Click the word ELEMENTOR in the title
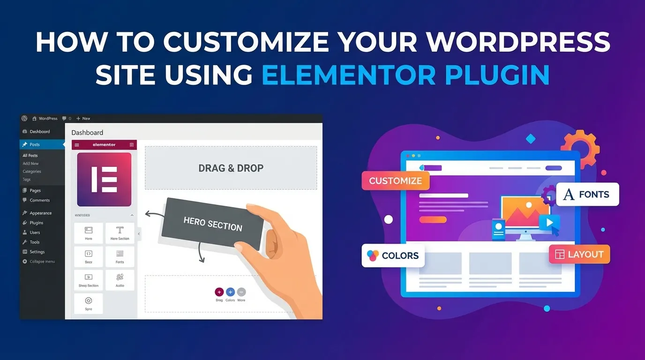[x=349, y=75]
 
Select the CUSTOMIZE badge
[x=395, y=181]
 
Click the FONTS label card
[x=587, y=195]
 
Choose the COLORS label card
[x=393, y=255]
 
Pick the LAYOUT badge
[x=579, y=255]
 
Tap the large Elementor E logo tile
[x=104, y=180]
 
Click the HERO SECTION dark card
[x=212, y=224]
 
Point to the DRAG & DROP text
[x=231, y=168]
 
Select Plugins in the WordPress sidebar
[x=36, y=223]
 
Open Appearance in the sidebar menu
[x=40, y=213]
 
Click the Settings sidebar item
[x=37, y=252]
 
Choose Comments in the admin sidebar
[x=39, y=200]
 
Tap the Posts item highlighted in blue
[x=34, y=144]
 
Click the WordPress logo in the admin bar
[x=24, y=119]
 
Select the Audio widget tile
[x=120, y=280]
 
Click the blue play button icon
[x=549, y=223]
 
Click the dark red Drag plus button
[x=219, y=292]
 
